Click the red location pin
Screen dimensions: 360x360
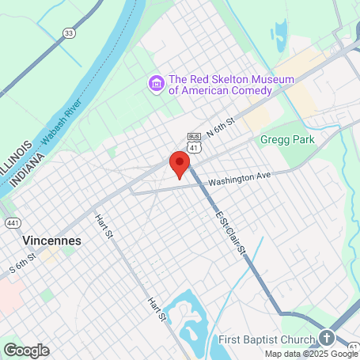(x=180, y=165)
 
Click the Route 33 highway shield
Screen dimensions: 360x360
(x=70, y=33)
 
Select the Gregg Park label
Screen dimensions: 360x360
(x=287, y=139)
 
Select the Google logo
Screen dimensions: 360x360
(x=26, y=350)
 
